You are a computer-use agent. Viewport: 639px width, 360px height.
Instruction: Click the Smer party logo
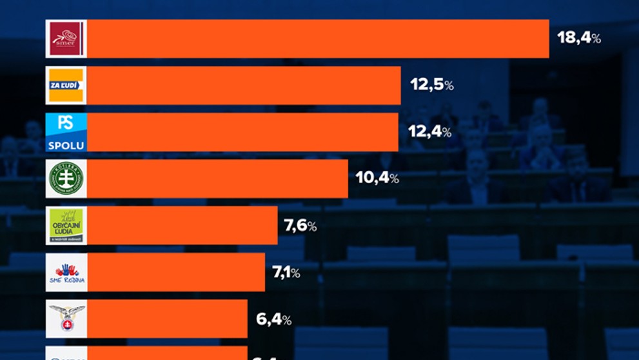66,39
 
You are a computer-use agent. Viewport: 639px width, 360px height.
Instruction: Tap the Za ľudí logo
66,85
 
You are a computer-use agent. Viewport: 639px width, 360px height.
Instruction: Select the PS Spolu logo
66,132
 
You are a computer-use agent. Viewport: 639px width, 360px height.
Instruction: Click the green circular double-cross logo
66,179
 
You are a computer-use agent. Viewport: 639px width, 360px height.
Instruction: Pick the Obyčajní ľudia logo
66,226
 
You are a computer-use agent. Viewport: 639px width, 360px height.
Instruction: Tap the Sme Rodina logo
66,272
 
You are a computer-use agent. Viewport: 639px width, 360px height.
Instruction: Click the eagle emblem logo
66,319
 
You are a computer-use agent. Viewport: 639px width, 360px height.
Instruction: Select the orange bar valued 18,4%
317,39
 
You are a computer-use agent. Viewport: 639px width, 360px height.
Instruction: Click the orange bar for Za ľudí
243,85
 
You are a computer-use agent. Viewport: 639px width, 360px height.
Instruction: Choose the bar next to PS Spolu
242,132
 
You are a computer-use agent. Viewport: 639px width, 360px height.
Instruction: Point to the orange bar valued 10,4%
217,179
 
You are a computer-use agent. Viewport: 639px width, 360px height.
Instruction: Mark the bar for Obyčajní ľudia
182,226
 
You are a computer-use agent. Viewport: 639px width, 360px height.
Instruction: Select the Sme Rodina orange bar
175,272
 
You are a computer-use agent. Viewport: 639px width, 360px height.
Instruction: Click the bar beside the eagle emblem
166,319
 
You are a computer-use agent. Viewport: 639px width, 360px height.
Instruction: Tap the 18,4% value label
578,38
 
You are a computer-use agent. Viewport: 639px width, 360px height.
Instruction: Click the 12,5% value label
431,85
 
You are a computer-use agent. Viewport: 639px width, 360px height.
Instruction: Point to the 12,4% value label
429,132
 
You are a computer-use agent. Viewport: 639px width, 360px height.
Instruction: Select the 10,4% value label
377,178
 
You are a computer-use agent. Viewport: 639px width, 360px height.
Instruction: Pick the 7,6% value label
300,226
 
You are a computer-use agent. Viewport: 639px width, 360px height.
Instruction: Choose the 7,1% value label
286,272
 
